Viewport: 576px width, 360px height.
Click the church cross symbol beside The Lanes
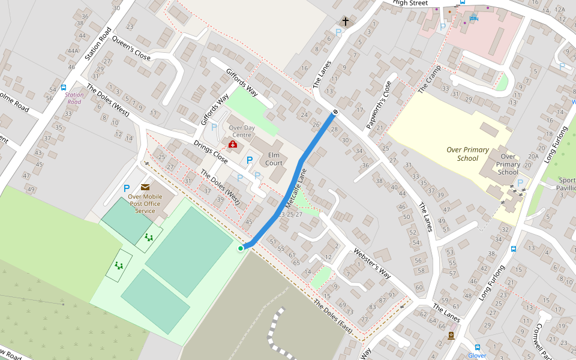(x=346, y=21)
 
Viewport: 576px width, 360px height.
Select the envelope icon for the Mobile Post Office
(x=145, y=187)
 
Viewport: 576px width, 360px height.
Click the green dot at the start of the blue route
(x=241, y=248)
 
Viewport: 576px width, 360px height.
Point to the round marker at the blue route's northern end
(x=335, y=112)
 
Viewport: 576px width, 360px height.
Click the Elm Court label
(x=274, y=159)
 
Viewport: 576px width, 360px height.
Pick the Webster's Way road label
(x=372, y=263)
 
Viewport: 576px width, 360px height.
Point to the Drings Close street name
(x=210, y=152)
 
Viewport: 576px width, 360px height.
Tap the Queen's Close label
(x=135, y=46)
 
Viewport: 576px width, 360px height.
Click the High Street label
(x=410, y=3)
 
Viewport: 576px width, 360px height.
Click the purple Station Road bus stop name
(x=74, y=98)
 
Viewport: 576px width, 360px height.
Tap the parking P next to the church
(x=338, y=33)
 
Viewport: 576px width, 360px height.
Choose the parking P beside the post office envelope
(x=127, y=188)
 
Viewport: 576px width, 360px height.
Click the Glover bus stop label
(x=477, y=355)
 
